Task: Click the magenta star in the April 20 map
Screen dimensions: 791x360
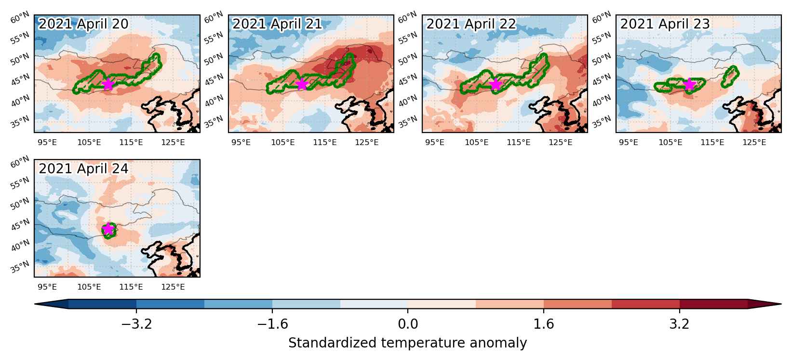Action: [x=107, y=84]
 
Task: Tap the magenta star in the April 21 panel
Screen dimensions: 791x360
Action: [x=302, y=84]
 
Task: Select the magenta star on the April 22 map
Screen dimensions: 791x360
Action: [x=496, y=84]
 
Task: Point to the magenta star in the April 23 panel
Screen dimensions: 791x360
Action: [x=689, y=84]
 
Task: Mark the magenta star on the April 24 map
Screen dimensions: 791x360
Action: [x=108, y=229]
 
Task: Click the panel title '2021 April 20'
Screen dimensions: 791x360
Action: [x=83, y=24]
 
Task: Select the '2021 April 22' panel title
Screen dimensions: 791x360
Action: [x=471, y=24]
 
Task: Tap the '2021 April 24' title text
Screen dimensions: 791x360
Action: [x=83, y=169]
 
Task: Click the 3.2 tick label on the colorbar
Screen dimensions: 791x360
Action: [x=680, y=324]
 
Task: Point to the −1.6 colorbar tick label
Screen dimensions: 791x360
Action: [x=272, y=324]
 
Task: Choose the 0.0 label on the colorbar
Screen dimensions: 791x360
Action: [x=408, y=324]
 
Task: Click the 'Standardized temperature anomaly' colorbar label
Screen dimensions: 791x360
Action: [x=407, y=343]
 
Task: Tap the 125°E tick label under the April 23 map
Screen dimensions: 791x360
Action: [x=754, y=142]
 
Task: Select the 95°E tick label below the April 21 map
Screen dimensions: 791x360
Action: [x=241, y=142]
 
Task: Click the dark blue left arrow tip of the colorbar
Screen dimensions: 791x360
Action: [x=35, y=304]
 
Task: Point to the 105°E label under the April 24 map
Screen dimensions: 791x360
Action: [x=89, y=287]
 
